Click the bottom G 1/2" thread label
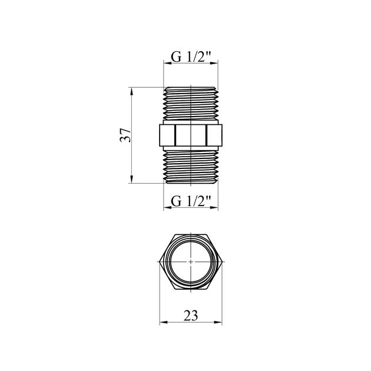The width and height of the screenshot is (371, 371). (191, 201)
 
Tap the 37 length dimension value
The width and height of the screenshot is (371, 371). (125, 135)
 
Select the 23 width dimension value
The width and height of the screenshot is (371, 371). (191, 316)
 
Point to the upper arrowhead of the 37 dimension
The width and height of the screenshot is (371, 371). (132, 91)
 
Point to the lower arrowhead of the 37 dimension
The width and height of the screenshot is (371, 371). (132, 179)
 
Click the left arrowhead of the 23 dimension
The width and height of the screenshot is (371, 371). (164, 322)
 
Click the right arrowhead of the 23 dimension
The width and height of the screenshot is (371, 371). (218, 322)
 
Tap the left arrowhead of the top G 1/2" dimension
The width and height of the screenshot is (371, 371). (167, 63)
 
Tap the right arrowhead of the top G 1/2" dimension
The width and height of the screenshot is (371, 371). (214, 63)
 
